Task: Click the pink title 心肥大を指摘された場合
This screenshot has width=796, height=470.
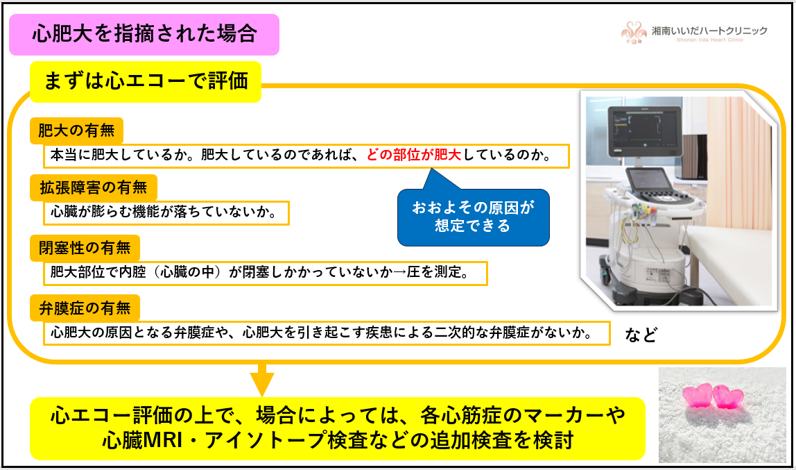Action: [x=144, y=34]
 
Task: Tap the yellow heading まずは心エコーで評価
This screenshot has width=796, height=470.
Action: [x=146, y=81]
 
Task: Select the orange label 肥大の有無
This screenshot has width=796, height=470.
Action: [x=76, y=131]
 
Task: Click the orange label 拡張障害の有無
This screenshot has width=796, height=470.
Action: [x=94, y=187]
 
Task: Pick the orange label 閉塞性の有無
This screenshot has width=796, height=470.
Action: [x=85, y=248]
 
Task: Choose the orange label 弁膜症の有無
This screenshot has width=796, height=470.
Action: [x=85, y=308]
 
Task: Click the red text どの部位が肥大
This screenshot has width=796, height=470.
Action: [x=413, y=154]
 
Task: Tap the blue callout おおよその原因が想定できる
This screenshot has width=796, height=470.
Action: [x=473, y=217]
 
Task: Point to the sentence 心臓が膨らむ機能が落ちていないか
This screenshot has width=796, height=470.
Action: [x=164, y=212]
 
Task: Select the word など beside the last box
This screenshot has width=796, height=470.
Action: [x=641, y=335]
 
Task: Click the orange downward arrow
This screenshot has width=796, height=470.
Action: [x=262, y=380]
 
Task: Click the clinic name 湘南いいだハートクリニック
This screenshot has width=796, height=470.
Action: [x=709, y=31]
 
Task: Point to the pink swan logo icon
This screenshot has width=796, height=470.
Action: [x=634, y=33]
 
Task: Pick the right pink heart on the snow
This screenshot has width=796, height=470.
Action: [x=728, y=397]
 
